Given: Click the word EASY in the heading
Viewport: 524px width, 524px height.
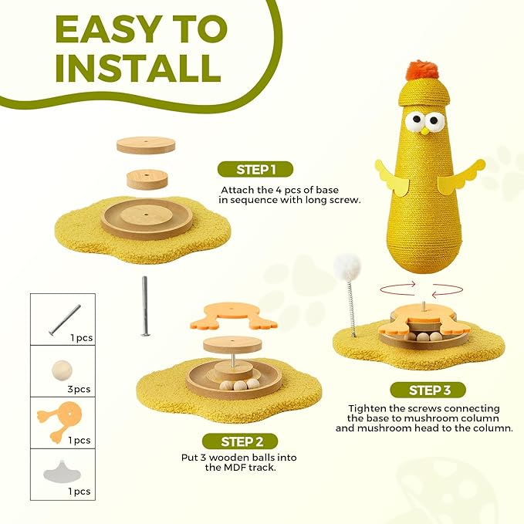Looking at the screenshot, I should coord(113,29).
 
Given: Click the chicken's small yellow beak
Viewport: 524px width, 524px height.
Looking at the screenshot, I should coord(424,132).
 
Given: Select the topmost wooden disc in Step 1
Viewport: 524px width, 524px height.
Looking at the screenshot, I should coord(146,144).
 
